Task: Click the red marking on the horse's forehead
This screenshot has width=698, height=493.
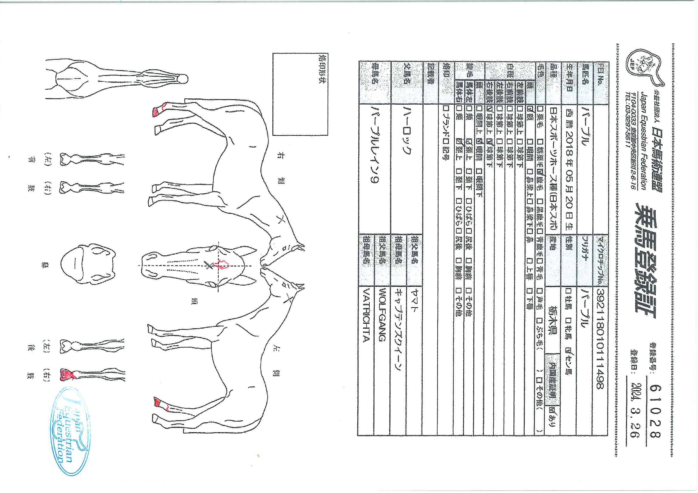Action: coord(221,265)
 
